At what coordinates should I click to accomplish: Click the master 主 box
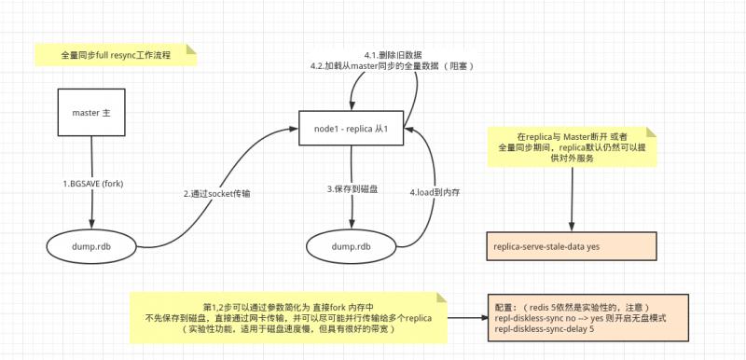(91, 114)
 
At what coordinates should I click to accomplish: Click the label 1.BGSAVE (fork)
(92, 185)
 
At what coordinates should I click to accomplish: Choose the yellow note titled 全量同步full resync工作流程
(116, 54)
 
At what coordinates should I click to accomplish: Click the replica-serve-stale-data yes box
(568, 247)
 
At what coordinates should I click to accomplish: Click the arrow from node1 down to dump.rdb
(352, 210)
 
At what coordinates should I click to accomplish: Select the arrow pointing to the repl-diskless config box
(466, 313)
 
